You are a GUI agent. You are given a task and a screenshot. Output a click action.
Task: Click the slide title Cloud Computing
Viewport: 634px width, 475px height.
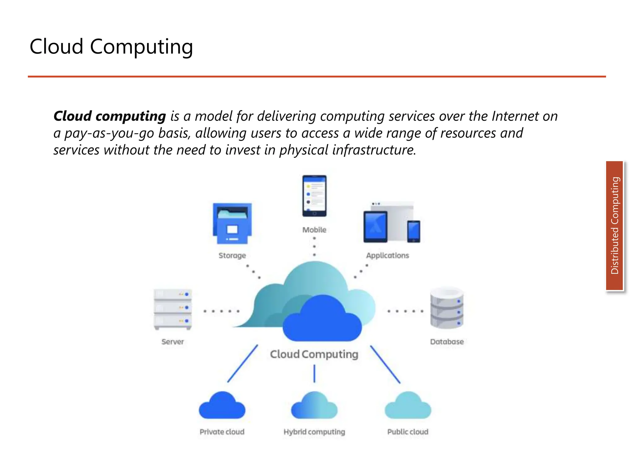[111, 47]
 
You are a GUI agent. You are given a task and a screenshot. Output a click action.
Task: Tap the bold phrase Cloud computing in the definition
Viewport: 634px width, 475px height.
[110, 116]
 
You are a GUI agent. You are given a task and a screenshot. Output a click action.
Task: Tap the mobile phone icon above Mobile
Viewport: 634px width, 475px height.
[314, 196]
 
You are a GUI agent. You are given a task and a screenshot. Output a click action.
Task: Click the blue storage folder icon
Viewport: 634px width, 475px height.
[232, 223]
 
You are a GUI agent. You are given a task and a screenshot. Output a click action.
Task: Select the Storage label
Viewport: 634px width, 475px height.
[232, 255]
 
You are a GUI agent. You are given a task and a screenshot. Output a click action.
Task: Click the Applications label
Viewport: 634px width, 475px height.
[387, 255]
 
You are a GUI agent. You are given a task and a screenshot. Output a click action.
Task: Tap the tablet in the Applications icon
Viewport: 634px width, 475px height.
[375, 226]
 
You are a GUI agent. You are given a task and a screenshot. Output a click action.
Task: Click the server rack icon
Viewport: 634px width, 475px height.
[173, 309]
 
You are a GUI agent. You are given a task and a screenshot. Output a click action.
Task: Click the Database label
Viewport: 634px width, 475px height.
[447, 342]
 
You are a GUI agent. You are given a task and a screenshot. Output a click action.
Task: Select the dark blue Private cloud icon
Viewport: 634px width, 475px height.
[222, 406]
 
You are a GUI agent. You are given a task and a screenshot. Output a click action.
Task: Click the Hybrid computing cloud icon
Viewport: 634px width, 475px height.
[314, 406]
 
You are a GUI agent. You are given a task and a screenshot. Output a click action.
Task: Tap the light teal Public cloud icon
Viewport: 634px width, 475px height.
[408, 406]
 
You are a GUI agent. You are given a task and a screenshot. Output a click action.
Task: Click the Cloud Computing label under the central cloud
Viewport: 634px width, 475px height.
[314, 354]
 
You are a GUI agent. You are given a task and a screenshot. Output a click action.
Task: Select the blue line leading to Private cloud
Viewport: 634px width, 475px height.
[242, 364]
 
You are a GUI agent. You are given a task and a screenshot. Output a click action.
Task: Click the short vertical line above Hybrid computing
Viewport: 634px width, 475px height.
[314, 374]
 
